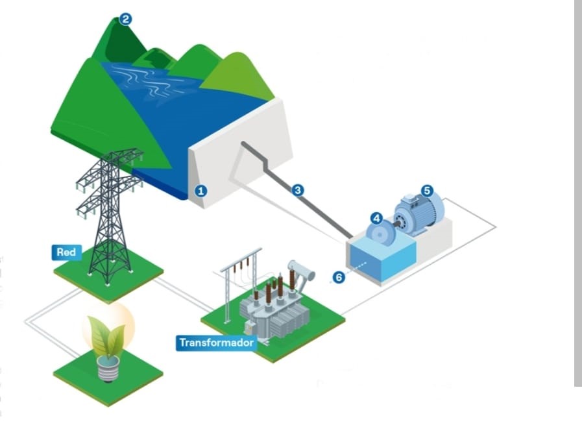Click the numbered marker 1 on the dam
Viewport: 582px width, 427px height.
[201, 191]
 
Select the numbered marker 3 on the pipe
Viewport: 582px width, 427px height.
[298, 190]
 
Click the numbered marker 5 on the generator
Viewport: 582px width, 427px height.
[426, 190]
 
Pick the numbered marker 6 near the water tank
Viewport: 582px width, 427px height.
[337, 277]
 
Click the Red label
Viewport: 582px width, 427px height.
[66, 252]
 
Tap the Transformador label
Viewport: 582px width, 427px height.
[216, 343]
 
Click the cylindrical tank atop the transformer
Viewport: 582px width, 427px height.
[300, 267]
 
